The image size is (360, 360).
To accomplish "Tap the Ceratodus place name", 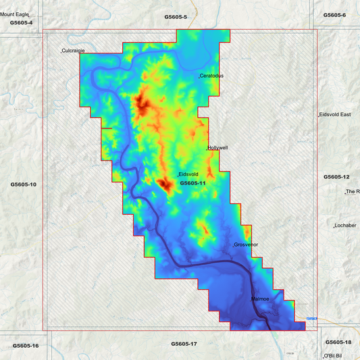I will (211, 76).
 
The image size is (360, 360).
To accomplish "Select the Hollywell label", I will (218, 147).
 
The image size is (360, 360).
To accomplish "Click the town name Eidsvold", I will (188, 174).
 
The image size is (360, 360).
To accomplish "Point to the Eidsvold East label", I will (335, 115).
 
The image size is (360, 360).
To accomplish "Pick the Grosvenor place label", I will (246, 245).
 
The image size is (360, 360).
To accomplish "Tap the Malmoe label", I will (260, 299).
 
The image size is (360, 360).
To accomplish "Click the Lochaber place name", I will (345, 226).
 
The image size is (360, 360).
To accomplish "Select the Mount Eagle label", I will (16, 14).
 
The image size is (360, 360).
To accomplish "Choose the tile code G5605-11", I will (192, 183).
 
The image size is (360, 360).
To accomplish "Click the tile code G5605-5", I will (176, 16).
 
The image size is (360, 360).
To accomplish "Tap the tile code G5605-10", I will (24, 184).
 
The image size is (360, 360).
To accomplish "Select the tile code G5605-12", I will (336, 176).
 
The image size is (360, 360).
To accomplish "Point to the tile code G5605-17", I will (184, 344).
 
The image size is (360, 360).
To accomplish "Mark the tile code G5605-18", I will (338, 342).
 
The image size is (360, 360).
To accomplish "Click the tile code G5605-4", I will (21, 23).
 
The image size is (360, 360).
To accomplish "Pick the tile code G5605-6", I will (334, 15).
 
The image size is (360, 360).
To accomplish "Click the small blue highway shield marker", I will (311, 318).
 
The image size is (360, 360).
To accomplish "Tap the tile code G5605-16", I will (26, 346).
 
